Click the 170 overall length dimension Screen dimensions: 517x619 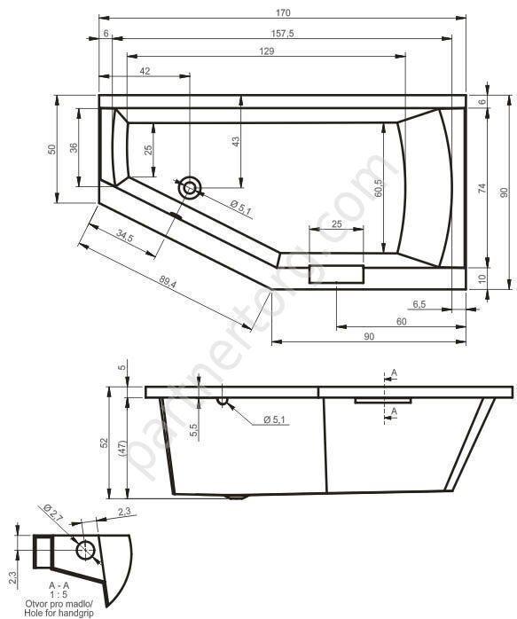tap(283, 12)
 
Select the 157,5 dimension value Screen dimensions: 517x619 tap(283, 34)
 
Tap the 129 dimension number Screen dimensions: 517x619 tap(267, 51)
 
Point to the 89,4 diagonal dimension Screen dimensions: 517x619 tap(168, 281)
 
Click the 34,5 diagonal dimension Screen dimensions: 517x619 tap(125, 236)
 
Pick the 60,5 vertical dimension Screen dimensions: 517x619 tap(379, 188)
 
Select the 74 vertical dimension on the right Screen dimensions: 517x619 tap(482, 188)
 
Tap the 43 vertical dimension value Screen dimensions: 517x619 tap(236, 141)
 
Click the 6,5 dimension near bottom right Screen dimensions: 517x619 tap(419, 304)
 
